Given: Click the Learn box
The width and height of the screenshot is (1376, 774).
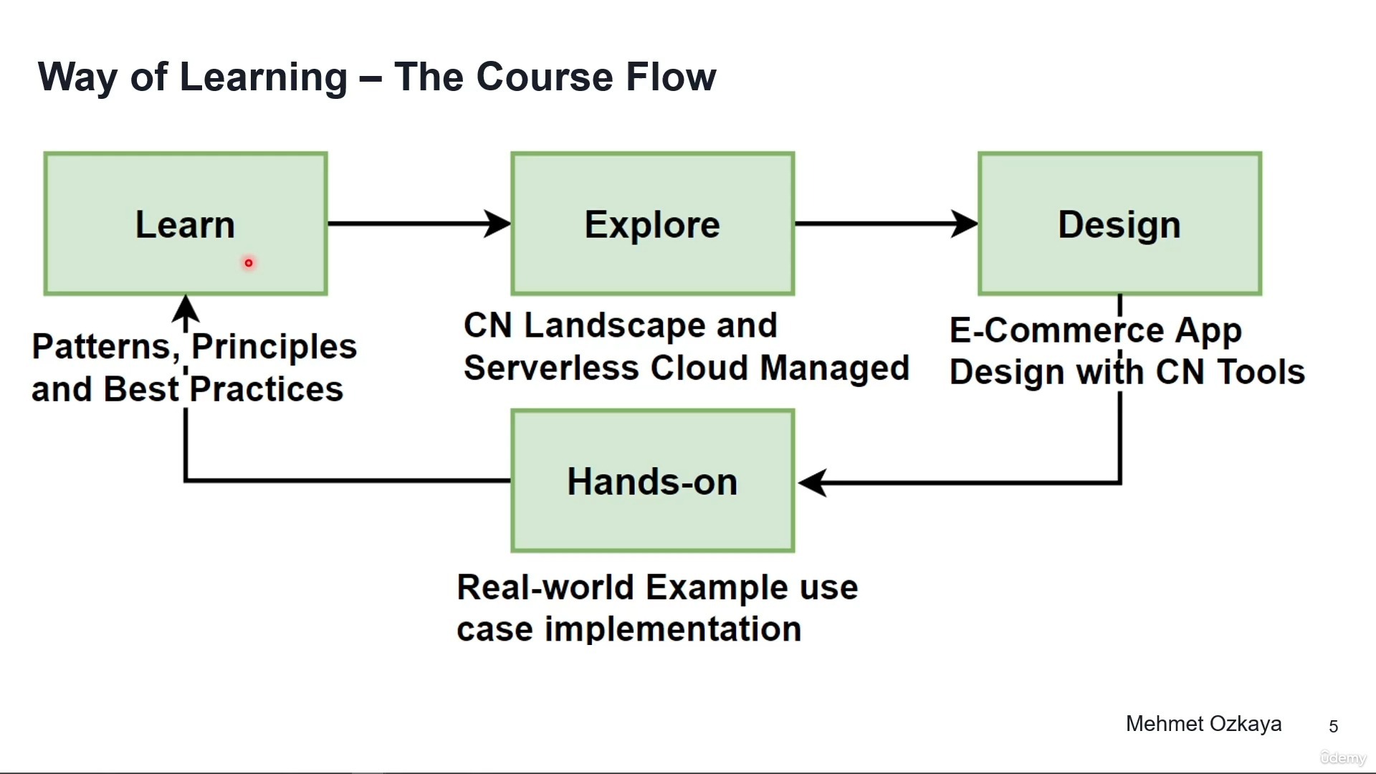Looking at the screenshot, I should pos(185,224).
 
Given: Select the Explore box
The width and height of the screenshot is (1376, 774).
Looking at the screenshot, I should pos(652,224).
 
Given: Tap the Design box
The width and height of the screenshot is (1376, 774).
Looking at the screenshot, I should pos(1119,224).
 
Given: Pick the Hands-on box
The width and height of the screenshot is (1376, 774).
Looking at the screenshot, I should pos(652,481).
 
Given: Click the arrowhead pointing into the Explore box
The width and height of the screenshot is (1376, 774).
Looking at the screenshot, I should pos(497,224).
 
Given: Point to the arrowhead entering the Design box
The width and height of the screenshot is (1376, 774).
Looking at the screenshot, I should pos(965,224).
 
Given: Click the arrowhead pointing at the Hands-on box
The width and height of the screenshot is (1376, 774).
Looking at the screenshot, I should pos(813,482).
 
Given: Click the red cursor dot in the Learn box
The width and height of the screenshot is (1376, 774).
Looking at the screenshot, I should pos(249,263).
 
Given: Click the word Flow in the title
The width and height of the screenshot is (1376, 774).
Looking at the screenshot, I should pos(670,77).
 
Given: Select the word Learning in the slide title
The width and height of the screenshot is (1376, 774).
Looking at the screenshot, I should pos(263,78).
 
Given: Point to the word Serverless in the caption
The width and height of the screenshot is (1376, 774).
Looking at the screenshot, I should pos(551,368).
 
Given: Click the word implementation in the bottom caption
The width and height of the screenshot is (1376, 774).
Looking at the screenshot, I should pos(673,629).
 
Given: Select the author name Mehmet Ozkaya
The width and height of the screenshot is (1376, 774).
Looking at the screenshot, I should pos(1203,724).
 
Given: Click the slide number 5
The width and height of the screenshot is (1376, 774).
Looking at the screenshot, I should pos(1333,727).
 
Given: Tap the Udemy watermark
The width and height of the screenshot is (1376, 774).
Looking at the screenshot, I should pos(1343,758).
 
